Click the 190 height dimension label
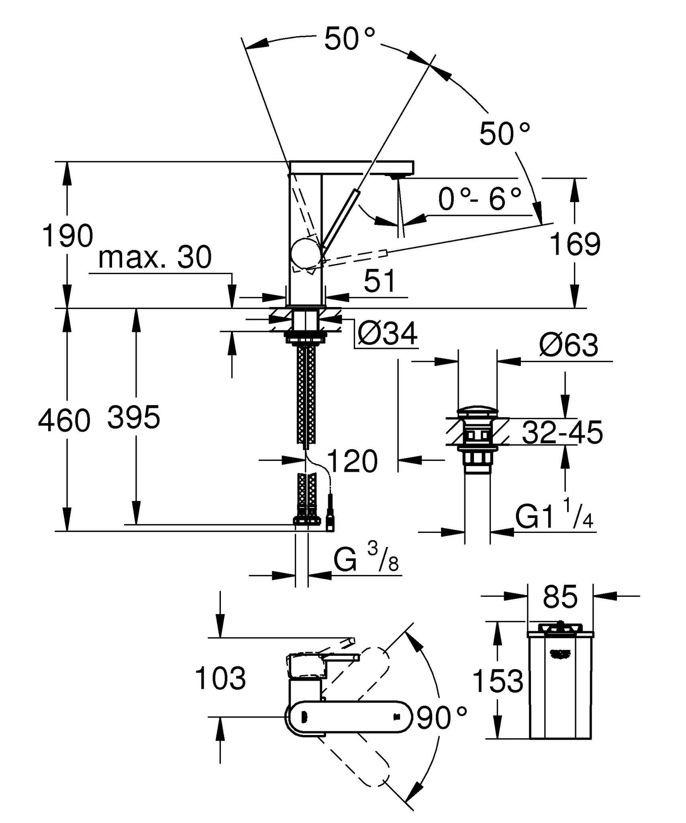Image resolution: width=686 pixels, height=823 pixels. tap(67, 236)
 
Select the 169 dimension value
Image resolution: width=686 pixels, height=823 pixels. tap(575, 244)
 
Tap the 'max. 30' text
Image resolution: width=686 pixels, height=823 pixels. tap(155, 258)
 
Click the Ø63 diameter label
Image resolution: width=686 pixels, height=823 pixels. tap(569, 345)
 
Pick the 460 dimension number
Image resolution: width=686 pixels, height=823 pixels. tap(64, 421)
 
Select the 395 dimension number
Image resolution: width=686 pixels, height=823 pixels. tap(134, 417)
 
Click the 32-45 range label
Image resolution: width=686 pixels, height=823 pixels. tap(562, 433)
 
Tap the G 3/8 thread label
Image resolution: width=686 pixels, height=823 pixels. tap(365, 559)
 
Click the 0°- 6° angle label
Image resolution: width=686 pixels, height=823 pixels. tap(480, 200)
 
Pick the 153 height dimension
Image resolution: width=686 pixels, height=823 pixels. tap(498, 681)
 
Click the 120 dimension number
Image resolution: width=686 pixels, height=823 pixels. tap(352, 461)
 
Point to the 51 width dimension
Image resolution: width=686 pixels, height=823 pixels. tap(380, 281)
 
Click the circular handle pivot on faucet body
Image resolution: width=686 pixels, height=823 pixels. tap(306, 254)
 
